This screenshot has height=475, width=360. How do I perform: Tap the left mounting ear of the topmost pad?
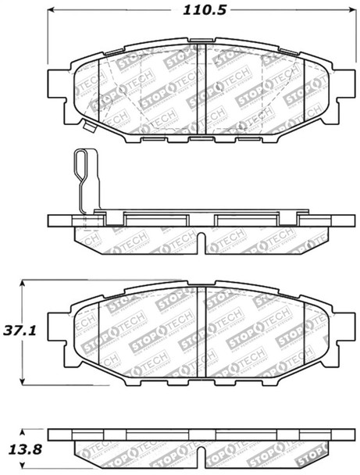pos(57,81)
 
